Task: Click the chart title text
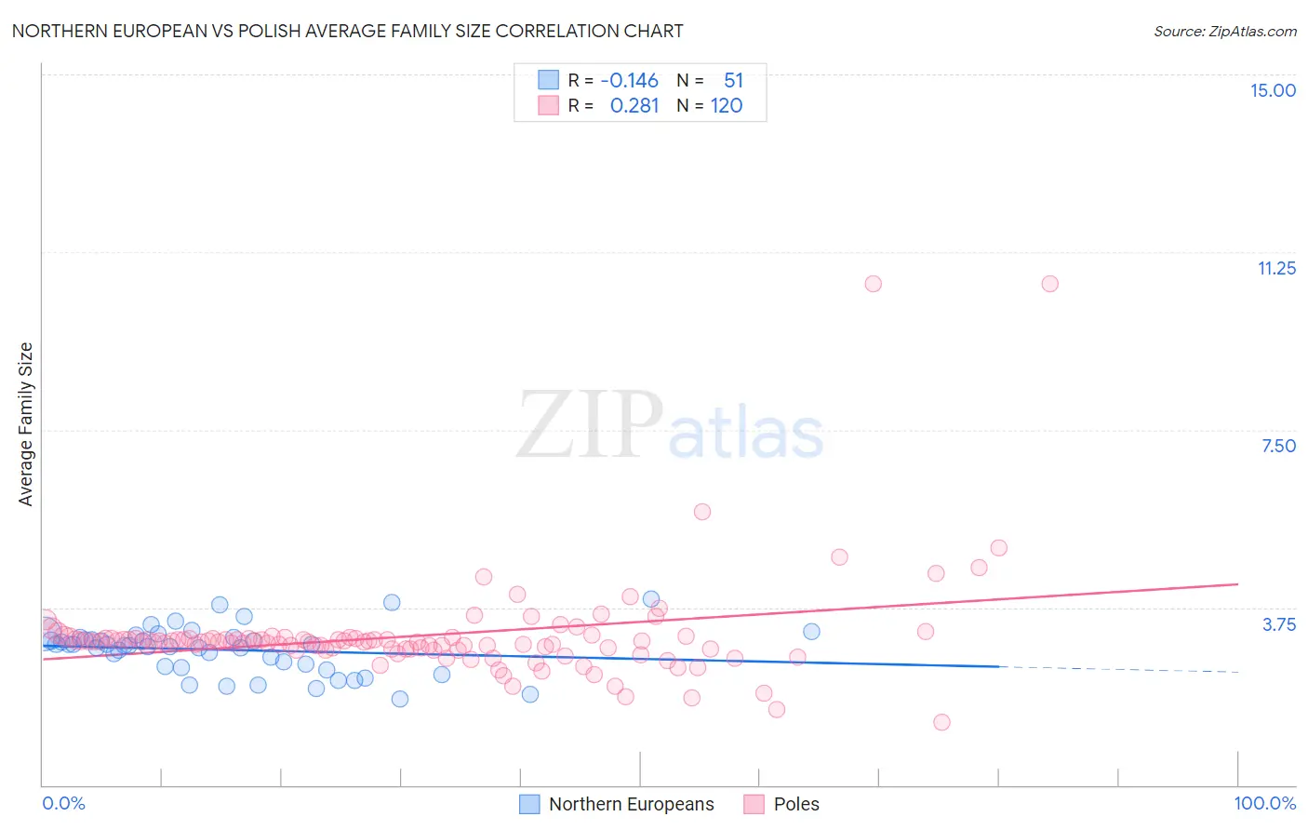click(347, 31)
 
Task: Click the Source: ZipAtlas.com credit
click(1224, 31)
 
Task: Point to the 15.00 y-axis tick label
click(1273, 90)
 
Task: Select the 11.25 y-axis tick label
click(1276, 268)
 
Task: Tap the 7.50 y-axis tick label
click(1278, 446)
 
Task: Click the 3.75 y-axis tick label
click(1278, 624)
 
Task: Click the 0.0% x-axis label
click(63, 803)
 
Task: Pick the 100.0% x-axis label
click(1264, 803)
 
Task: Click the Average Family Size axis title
click(26, 424)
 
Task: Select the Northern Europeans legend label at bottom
click(631, 804)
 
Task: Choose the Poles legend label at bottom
click(796, 804)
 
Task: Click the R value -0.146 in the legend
click(629, 81)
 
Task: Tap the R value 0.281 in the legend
click(634, 106)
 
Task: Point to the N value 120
click(727, 106)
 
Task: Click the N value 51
click(733, 81)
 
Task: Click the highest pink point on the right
click(1049, 284)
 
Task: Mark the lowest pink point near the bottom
click(941, 722)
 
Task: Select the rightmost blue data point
click(811, 632)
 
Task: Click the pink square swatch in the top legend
click(549, 105)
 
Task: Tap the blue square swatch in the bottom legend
click(529, 804)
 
